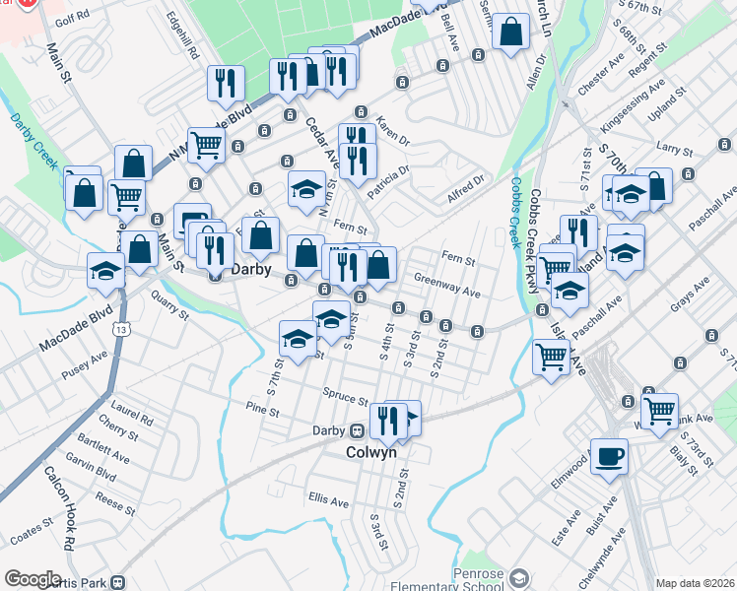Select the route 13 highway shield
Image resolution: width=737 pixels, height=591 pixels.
point(119,328)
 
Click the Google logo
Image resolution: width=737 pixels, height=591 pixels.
point(33,579)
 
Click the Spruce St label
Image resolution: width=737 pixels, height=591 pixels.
point(345,396)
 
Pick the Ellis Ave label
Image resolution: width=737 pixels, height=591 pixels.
point(328,501)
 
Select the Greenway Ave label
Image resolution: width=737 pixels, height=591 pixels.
point(446,286)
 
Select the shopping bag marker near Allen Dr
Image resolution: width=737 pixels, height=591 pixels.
point(511,33)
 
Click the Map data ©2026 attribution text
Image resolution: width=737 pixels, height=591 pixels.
point(694,583)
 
